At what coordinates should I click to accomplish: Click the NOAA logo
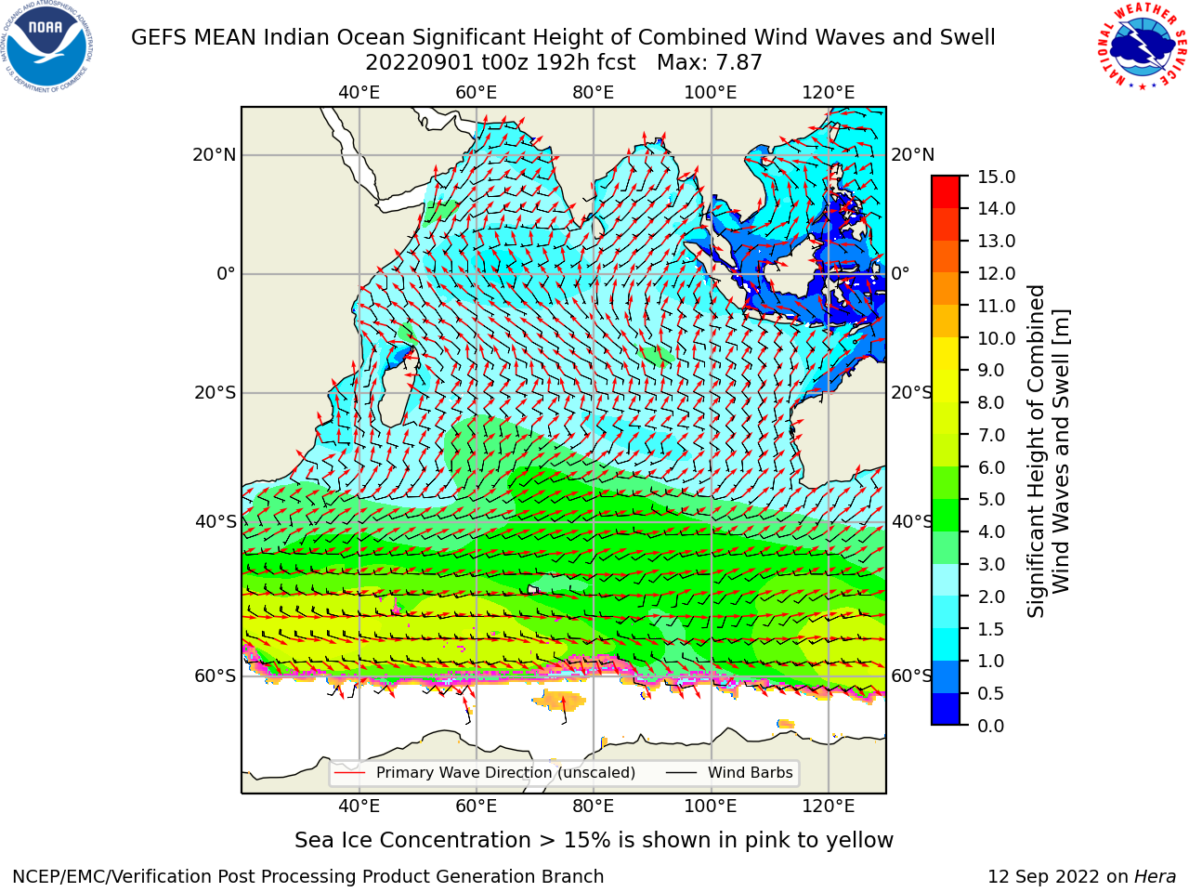click(47, 47)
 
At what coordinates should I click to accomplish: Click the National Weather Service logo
click(1142, 46)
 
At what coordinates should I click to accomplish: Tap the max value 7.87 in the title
click(737, 63)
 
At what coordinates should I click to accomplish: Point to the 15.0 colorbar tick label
click(996, 177)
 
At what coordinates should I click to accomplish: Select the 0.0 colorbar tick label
click(991, 726)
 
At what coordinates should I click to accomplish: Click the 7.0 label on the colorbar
click(991, 435)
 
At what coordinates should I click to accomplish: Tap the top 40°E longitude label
click(359, 93)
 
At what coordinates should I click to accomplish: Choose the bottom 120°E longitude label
click(829, 807)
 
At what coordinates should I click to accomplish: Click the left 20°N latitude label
click(215, 155)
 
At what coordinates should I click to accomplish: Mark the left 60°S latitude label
click(216, 676)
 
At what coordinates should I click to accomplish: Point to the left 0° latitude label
click(226, 273)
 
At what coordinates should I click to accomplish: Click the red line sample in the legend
click(350, 773)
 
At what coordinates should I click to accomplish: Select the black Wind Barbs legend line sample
click(681, 773)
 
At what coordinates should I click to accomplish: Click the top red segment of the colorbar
click(946, 184)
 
